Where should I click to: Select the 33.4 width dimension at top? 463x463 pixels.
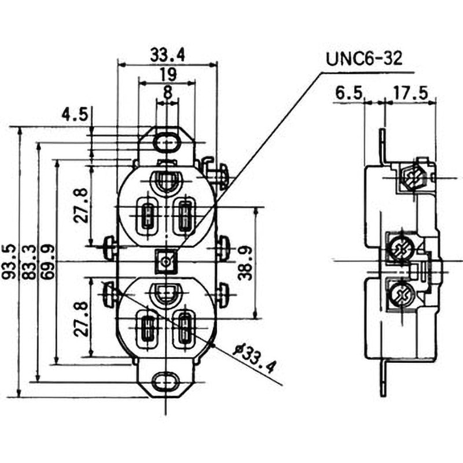coord(167,55)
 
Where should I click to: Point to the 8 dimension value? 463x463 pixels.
coord(167,91)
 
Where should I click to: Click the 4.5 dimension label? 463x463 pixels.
coord(75,114)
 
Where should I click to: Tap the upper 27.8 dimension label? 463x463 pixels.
coord(82,205)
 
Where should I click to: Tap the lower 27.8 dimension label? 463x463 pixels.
coord(82,318)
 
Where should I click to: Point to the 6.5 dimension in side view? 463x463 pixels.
coord(348,92)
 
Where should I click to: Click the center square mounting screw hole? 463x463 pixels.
coord(167,262)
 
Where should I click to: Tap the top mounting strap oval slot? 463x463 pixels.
coord(168,141)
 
